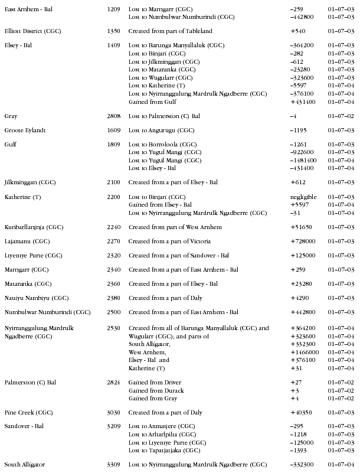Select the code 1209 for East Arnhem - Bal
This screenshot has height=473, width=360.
point(114,10)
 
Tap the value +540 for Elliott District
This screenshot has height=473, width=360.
point(298,31)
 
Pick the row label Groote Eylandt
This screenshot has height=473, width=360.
point(25,131)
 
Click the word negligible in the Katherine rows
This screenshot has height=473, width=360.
point(303,197)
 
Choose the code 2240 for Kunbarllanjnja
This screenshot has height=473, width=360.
point(114,227)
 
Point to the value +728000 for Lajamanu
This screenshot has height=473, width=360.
point(303,242)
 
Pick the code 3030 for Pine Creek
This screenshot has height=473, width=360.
point(114,412)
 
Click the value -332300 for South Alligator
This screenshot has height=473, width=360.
point(303,465)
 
